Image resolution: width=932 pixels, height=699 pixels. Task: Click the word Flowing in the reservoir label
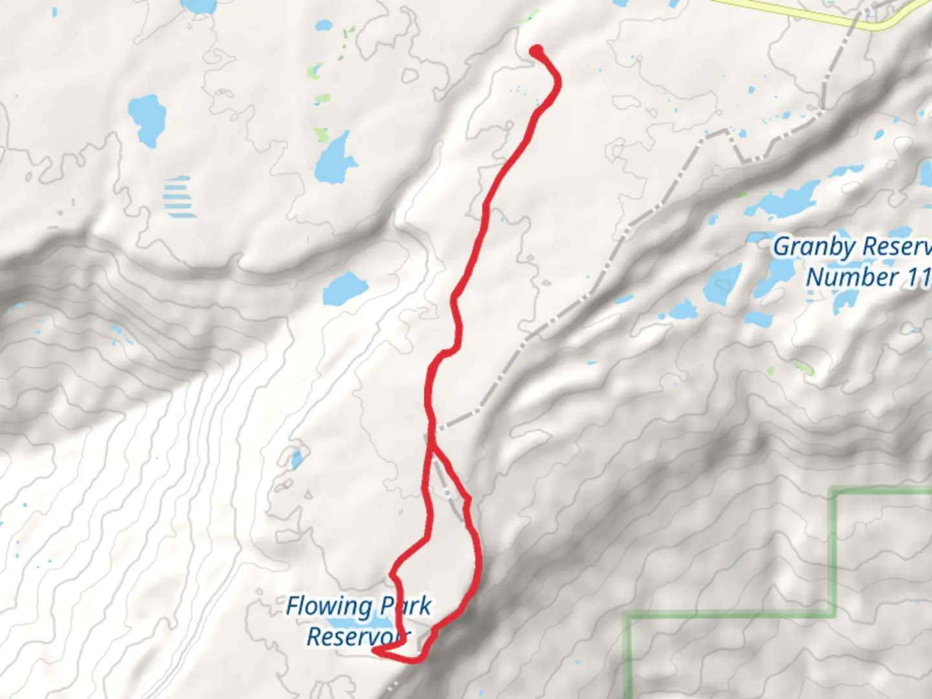328,607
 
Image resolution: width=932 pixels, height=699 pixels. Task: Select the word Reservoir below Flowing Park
358,637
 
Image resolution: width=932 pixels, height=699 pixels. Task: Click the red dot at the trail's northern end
537,50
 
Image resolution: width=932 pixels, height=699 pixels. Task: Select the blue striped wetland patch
178,197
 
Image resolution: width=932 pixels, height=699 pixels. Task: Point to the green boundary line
834,550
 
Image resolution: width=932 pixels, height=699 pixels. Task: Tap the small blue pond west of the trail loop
296,460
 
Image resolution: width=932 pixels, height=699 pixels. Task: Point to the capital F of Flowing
293,606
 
